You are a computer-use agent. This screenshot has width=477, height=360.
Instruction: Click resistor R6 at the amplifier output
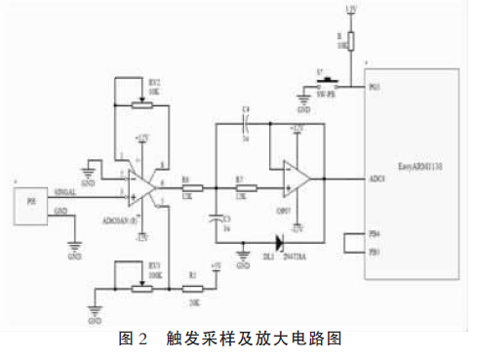(191, 188)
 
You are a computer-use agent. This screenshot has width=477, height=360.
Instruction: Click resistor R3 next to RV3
(194, 288)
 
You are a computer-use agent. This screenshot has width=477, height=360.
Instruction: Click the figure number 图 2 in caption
(132, 340)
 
